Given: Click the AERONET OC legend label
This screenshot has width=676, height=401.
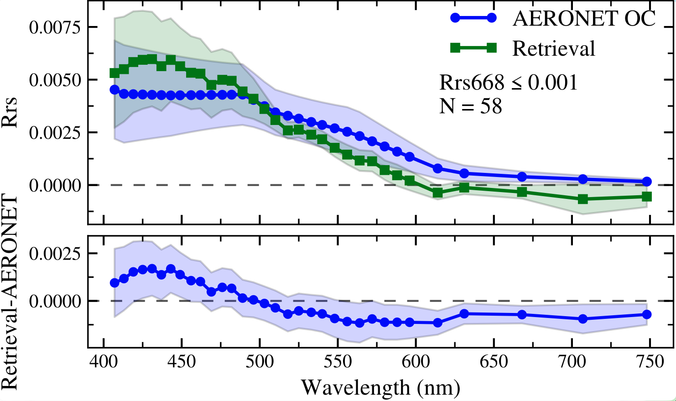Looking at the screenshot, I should click(x=584, y=18).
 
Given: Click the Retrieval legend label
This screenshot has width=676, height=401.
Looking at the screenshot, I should click(x=553, y=48).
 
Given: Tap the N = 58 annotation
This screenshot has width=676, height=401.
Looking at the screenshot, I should click(x=470, y=106).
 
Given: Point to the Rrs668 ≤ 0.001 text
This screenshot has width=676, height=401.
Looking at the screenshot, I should click(x=508, y=83).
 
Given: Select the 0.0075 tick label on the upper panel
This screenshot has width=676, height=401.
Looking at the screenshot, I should click(x=55, y=27).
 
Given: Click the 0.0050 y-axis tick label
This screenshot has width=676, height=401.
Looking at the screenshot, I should click(x=55, y=80).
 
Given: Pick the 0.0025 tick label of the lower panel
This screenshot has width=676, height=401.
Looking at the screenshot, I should click(x=55, y=254).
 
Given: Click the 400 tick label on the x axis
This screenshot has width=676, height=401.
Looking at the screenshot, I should click(x=104, y=362).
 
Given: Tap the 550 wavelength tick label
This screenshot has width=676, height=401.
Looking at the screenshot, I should click(x=338, y=362).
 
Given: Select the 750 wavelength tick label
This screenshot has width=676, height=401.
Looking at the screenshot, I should click(x=649, y=362).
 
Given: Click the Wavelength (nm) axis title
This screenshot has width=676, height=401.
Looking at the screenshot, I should click(x=380, y=388).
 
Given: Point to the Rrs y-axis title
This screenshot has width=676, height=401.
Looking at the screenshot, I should click(x=10, y=112).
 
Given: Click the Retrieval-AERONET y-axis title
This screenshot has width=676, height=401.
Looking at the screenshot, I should click(x=10, y=292).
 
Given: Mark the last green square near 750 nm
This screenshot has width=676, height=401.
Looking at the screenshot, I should click(x=647, y=197).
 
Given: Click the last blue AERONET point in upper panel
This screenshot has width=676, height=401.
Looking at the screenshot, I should click(x=647, y=182).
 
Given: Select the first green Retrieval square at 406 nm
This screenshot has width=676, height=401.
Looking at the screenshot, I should click(x=114, y=73).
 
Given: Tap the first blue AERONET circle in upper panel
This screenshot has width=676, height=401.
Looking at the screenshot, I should click(x=114, y=89).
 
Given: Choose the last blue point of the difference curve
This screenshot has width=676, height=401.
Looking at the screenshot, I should click(x=647, y=314).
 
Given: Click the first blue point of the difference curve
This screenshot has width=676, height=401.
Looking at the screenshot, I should click(x=114, y=283).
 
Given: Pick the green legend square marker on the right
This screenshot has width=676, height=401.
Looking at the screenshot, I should click(x=492, y=47).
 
